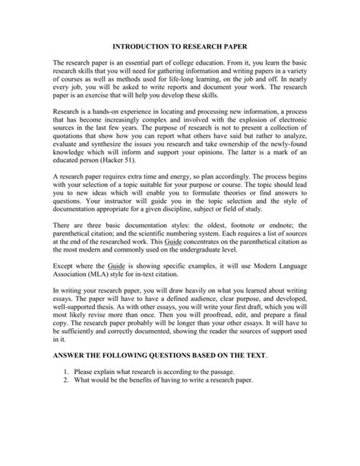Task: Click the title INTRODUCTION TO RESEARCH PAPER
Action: coord(180,45)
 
